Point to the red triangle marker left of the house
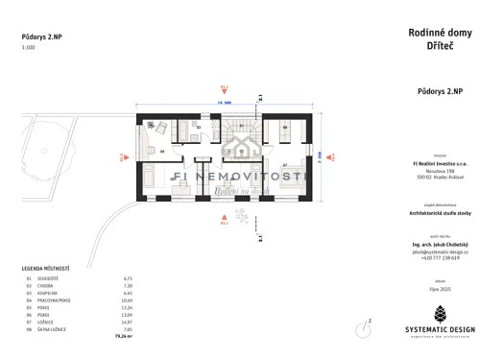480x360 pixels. (122, 156)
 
